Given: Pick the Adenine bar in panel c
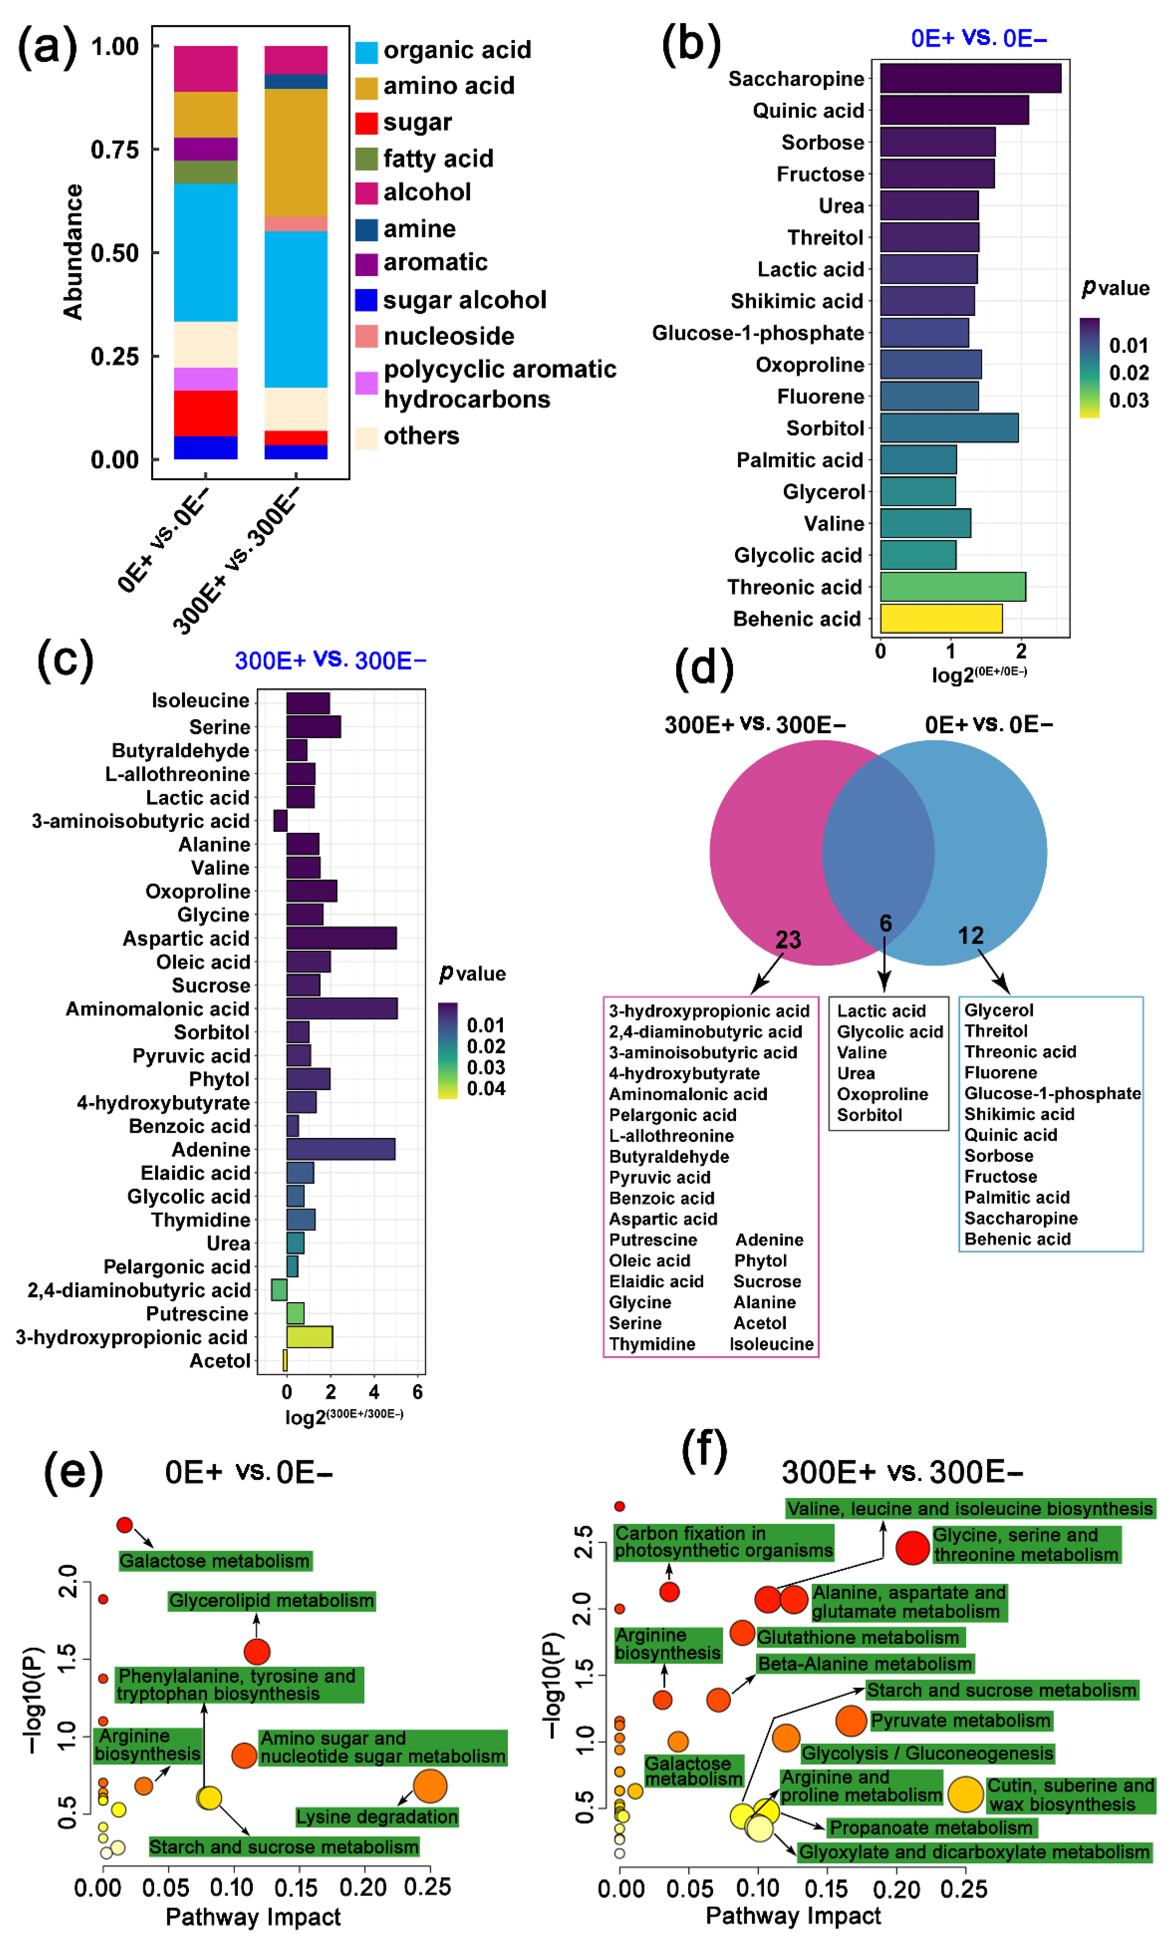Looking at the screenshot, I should pos(340,1149).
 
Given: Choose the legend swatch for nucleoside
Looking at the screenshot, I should pos(366,336).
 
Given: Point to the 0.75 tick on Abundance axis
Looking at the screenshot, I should pos(115,149).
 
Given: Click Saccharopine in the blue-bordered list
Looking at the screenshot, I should pos(1021,1218).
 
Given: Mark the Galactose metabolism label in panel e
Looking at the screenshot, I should pos(215,1561).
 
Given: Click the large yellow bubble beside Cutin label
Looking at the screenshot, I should pos(965,1794).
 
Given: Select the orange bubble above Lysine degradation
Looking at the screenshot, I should pos(430,1786).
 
